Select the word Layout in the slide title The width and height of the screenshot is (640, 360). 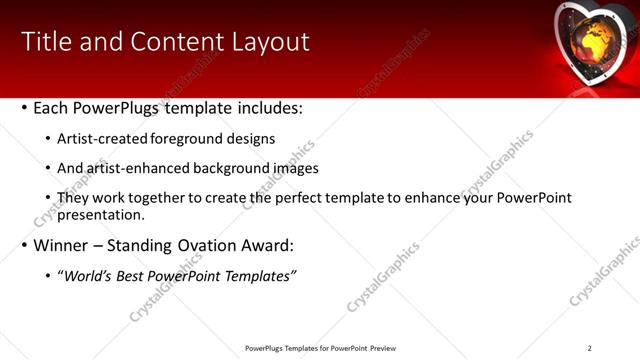pos(268,41)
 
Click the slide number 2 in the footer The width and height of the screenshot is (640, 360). pos(589,347)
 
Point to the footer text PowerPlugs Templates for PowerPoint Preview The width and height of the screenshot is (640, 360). pos(320,347)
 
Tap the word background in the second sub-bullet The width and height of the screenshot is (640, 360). pos(223,169)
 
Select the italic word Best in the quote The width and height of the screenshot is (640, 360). pos(132,276)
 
